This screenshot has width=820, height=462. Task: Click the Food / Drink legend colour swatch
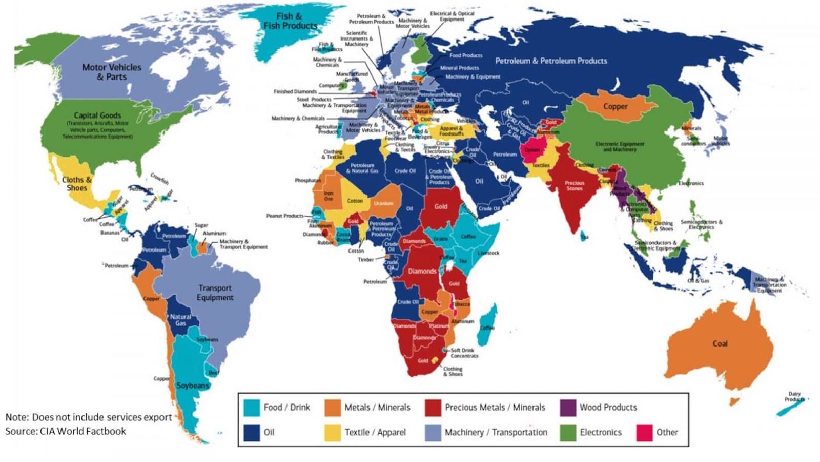pos(251,407)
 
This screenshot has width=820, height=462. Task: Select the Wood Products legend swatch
pos(568,407)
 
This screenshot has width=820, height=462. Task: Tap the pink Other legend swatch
pos(644,432)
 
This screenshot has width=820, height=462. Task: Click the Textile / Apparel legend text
pos(375,432)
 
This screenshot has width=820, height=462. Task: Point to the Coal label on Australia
pos(720,343)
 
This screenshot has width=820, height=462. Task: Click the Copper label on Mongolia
pos(615,106)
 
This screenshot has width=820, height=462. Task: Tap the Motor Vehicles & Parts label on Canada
pos(112,72)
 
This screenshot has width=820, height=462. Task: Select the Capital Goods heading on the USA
pos(97,115)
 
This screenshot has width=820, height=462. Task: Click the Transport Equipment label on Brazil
pos(215,293)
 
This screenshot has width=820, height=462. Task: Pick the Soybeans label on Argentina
pos(193,385)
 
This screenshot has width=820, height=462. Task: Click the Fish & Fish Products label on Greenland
pos(290,21)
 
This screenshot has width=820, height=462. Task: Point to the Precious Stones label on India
pos(575,185)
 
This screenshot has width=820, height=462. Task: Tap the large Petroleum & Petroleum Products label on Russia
pos(551,61)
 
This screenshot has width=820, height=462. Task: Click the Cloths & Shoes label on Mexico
pos(76,184)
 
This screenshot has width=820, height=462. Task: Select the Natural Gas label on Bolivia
pos(180,320)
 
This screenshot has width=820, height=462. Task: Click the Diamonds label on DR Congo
pos(422,271)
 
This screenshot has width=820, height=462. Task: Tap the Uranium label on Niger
pos(383,203)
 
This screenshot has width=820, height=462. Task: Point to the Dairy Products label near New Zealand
pos(794,397)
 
